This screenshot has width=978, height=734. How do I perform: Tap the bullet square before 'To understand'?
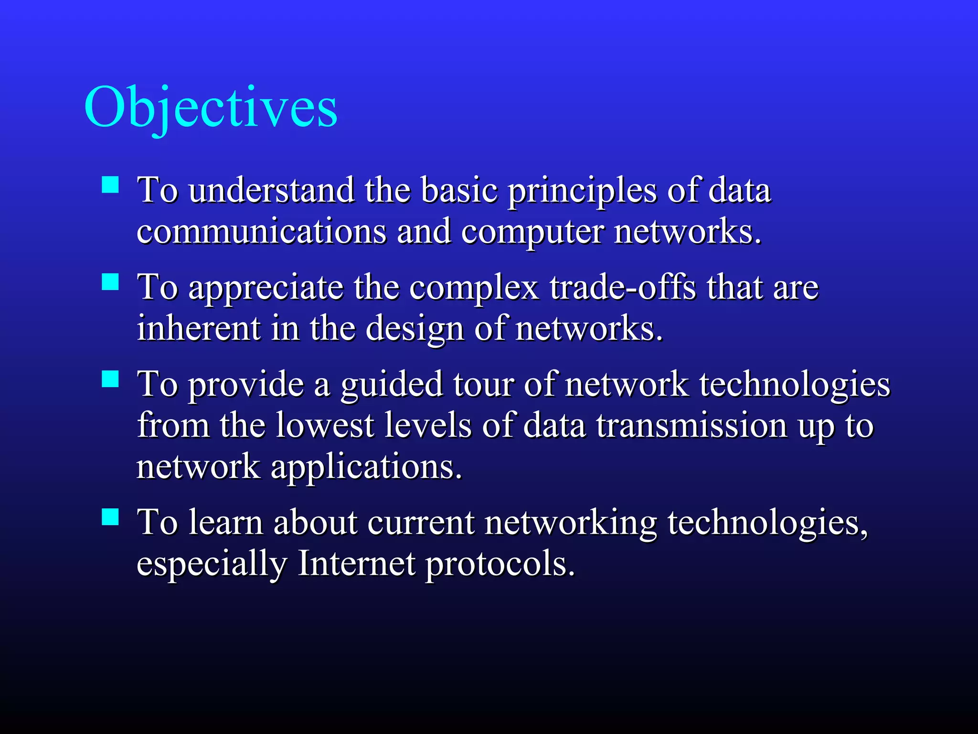[110, 184]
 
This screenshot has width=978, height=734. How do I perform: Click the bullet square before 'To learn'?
[110, 517]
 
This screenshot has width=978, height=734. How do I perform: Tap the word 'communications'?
[261, 231]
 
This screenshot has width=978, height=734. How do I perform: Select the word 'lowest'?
[325, 425]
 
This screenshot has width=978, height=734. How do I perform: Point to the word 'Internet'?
[356, 564]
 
